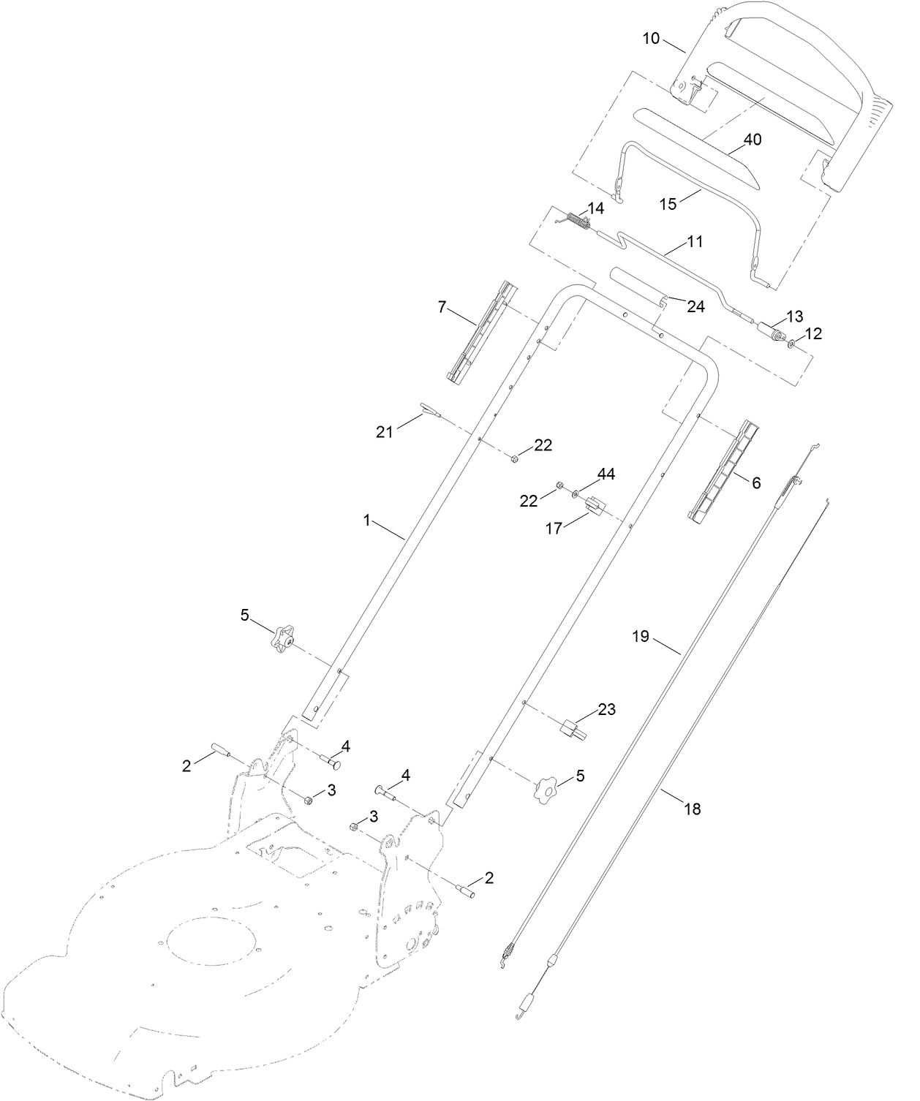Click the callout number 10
[651, 38]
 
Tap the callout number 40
[752, 140]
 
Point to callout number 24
[695, 306]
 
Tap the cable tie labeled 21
[429, 410]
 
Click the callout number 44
[606, 474]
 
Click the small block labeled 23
[573, 729]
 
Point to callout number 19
[640, 636]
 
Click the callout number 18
[692, 809]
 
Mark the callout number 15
[668, 203]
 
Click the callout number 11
[695, 241]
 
